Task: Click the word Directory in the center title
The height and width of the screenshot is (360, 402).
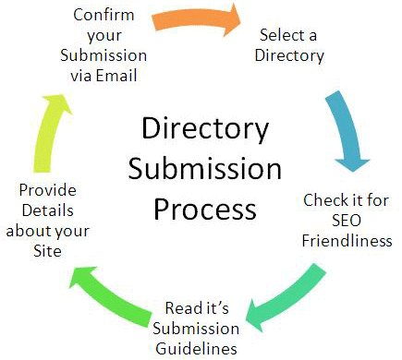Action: tap(205, 128)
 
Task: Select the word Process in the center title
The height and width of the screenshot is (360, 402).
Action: tap(204, 209)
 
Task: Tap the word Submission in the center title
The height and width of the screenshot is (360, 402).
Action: tap(204, 169)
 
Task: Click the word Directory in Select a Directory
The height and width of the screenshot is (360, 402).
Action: tap(291, 55)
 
